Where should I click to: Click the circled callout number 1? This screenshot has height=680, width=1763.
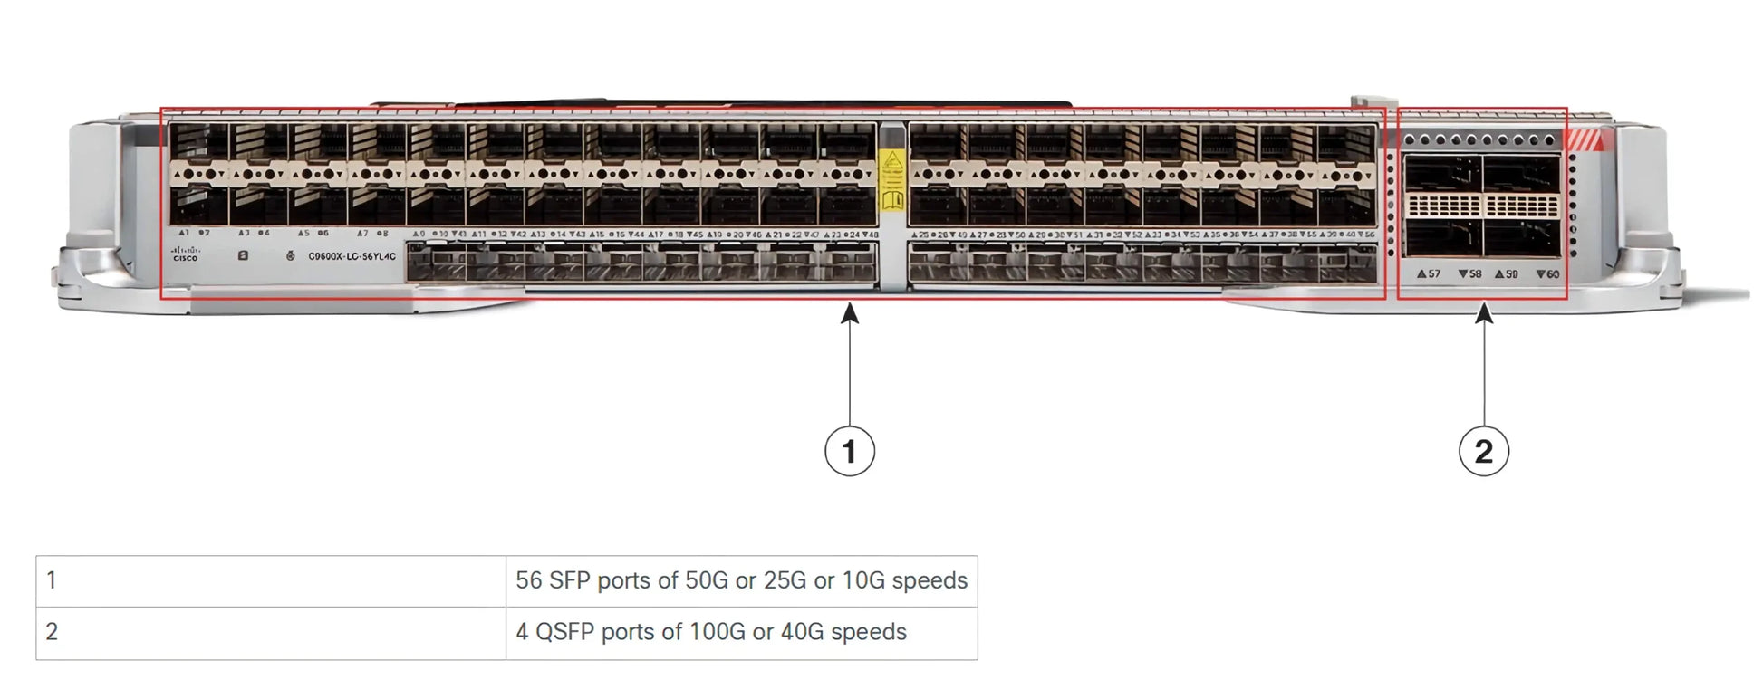(849, 451)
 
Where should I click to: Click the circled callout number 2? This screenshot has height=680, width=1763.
(1483, 451)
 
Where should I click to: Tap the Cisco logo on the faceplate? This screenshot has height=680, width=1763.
(186, 254)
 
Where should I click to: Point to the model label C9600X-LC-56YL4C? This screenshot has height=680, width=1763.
(352, 256)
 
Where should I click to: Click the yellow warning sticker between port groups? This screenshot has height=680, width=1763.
(892, 180)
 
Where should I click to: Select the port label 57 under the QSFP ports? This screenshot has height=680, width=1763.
(1429, 273)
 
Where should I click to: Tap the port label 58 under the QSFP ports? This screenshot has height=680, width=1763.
(1469, 273)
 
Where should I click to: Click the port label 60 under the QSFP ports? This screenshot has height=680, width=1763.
(1547, 273)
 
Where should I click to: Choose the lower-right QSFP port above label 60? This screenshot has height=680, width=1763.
(1521, 238)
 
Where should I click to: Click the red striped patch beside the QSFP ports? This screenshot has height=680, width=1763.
(1585, 140)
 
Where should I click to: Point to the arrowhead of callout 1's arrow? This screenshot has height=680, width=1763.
(849, 313)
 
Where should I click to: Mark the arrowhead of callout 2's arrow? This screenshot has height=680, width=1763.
(1483, 313)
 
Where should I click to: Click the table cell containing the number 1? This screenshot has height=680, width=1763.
(270, 580)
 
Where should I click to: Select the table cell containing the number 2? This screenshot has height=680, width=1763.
(270, 632)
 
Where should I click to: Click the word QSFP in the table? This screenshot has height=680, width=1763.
(564, 632)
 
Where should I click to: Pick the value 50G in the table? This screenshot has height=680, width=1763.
(706, 580)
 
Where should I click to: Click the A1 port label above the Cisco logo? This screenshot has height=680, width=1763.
(184, 233)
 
